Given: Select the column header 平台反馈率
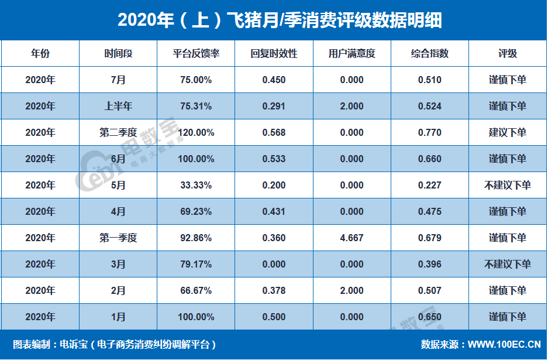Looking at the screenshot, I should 196,54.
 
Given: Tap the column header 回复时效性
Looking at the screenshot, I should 274,54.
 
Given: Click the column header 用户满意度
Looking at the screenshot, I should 351,54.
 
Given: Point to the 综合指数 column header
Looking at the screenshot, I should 429,54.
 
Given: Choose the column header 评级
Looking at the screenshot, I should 507,54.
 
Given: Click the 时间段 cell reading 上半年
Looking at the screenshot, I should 118,106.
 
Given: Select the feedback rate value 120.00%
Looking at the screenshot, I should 196,132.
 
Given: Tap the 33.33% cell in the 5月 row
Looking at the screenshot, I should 196,185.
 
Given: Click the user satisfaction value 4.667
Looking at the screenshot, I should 351,238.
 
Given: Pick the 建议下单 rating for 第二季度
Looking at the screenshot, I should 507,132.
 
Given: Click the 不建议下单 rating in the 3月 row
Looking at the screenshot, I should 507,264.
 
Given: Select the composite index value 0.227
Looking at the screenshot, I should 429,185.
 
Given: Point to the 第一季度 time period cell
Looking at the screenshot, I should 118,238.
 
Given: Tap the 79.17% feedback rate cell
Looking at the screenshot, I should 196,264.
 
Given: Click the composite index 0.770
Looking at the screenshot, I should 429,132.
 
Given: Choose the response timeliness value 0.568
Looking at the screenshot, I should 274,132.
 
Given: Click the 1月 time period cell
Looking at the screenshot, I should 118,317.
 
